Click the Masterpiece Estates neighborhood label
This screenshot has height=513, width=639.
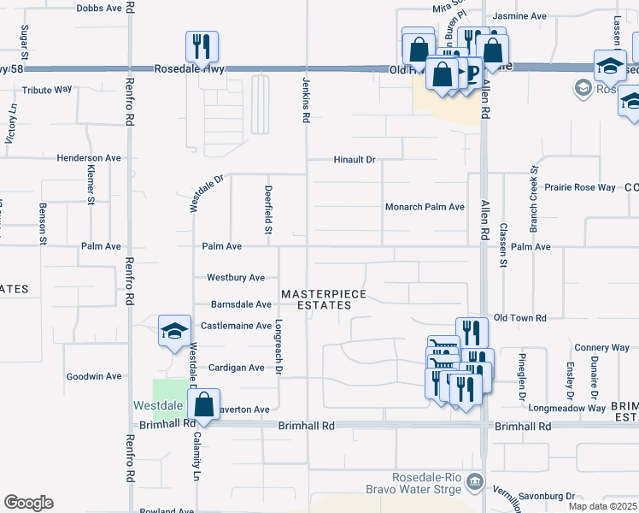coord(324,299)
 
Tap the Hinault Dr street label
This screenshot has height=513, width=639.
coord(354,160)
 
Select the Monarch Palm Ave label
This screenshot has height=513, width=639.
coord(424,207)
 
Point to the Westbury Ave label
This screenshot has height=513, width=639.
coord(236,278)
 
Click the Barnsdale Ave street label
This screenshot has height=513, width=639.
coord(241,304)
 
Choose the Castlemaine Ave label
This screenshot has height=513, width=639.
coord(236,326)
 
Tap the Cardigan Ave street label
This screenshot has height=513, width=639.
coord(232,368)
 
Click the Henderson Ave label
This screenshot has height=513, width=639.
coord(90,158)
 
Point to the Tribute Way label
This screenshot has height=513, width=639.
coord(47,90)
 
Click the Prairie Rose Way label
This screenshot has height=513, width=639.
coord(580,187)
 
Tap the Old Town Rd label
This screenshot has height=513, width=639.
coord(519,318)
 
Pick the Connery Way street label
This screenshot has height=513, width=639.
coord(601,347)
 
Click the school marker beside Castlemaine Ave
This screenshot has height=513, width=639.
coord(174,331)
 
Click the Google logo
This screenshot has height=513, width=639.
coord(28,503)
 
